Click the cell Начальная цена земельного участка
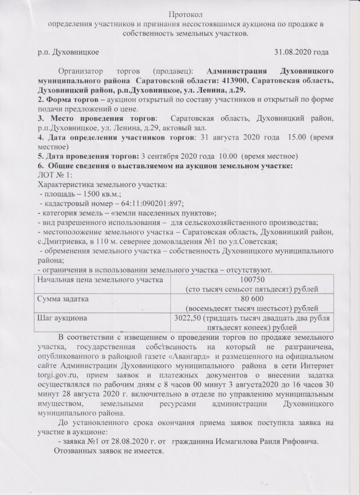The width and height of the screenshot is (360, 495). tap(97, 280)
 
